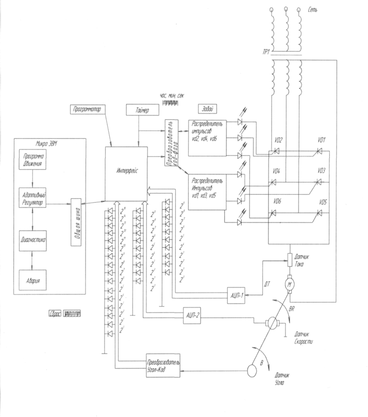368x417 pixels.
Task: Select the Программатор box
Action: (x=87, y=110)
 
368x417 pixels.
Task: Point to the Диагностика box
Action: (x=33, y=240)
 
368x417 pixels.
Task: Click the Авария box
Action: (x=33, y=281)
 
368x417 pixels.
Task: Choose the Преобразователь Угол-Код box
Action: (x=162, y=367)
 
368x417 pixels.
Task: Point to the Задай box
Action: (x=207, y=109)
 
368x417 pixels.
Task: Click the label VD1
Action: (x=322, y=140)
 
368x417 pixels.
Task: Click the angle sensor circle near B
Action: (x=250, y=370)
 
